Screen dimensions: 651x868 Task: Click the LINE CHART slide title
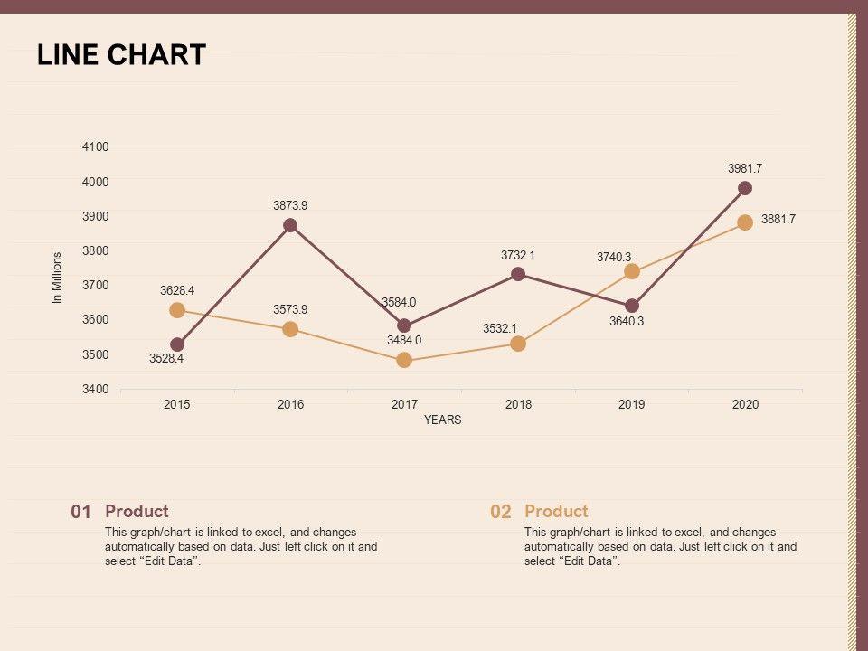tap(121, 55)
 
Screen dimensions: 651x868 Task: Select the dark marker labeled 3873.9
tap(290, 225)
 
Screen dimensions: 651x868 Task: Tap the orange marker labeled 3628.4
tap(177, 310)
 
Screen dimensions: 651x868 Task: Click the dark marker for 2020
tap(745, 188)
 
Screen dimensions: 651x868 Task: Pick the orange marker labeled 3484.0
tap(404, 360)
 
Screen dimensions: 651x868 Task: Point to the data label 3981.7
tap(745, 168)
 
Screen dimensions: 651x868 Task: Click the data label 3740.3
tap(614, 257)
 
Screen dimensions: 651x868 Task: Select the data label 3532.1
tap(500, 328)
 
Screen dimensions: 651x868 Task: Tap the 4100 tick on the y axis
tap(96, 146)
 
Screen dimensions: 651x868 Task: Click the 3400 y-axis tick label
tap(96, 390)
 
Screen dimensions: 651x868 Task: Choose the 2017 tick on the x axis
tap(404, 404)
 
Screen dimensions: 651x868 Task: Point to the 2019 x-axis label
tap(632, 404)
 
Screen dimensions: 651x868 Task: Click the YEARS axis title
tap(443, 420)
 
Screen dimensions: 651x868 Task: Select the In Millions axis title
tap(57, 278)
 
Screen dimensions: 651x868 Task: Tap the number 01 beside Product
tap(80, 512)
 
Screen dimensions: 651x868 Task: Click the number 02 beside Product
tap(501, 512)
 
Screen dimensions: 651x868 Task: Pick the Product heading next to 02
tap(556, 511)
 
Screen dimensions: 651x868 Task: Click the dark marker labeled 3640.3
tap(632, 306)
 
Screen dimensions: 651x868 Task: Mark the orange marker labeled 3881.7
tap(745, 222)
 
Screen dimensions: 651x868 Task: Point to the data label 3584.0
tap(399, 302)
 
